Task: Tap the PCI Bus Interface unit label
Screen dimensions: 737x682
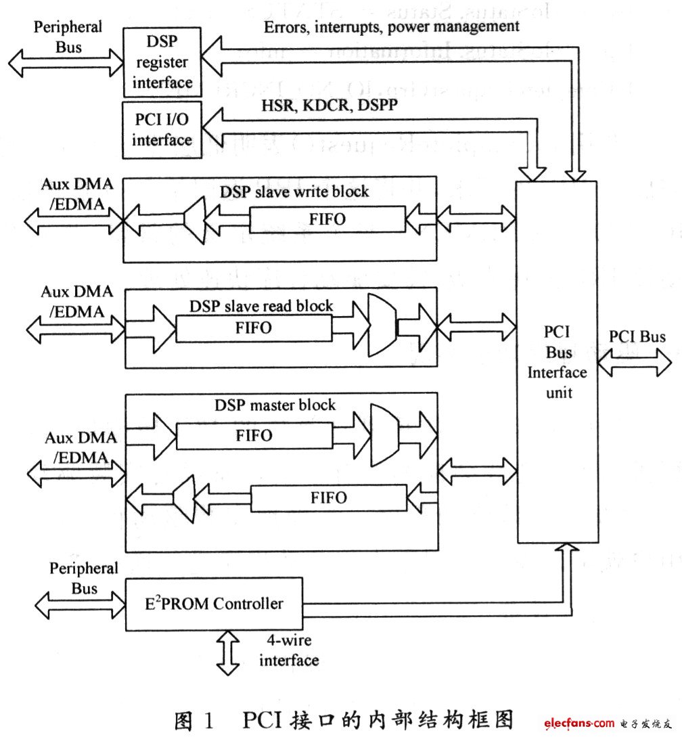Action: click(557, 363)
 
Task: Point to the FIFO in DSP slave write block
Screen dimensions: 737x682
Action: click(327, 219)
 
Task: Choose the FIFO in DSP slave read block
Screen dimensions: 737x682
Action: click(254, 328)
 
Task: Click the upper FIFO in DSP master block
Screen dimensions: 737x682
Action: click(254, 434)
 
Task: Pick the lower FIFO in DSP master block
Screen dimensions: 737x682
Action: click(329, 497)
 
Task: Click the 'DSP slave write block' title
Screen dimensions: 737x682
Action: click(294, 192)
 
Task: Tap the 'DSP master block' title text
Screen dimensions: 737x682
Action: click(275, 405)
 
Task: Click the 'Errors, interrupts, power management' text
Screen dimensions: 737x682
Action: click(390, 26)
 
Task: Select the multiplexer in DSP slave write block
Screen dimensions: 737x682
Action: click(195, 220)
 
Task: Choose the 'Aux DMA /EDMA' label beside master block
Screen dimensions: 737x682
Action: click(78, 447)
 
